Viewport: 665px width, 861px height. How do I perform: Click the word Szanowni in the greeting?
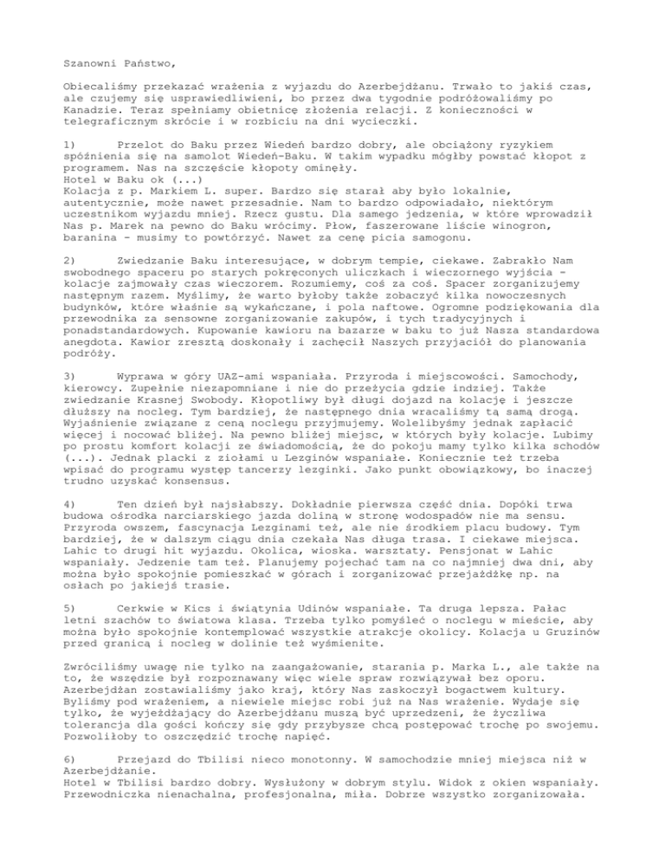click(x=94, y=62)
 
